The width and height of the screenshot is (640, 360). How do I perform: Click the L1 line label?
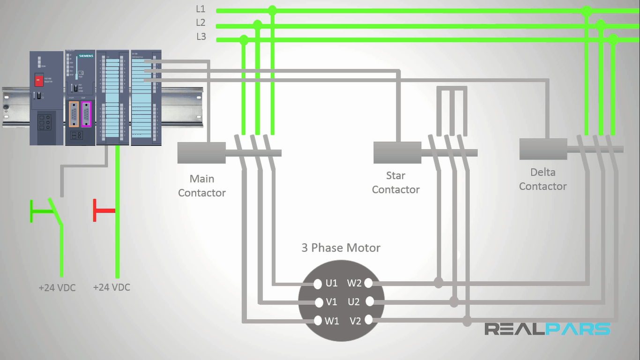coord(201,9)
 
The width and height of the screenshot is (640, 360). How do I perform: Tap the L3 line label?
coord(201,37)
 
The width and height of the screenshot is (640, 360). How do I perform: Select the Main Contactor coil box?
coord(201,153)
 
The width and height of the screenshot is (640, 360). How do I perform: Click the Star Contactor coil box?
coord(397,152)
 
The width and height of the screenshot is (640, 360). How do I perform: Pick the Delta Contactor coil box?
coord(543,149)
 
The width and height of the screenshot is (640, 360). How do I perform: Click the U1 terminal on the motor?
coord(318,283)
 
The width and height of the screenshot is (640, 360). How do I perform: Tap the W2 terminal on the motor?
coord(368,283)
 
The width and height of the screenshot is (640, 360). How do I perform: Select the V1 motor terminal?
coord(318,302)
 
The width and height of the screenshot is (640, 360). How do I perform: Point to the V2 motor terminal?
coord(368,320)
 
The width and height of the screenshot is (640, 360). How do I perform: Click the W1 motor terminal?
coord(318,321)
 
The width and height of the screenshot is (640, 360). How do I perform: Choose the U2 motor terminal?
coord(368,301)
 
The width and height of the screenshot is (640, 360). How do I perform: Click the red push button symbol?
coord(104,210)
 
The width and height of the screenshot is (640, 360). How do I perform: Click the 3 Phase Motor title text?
coord(341,247)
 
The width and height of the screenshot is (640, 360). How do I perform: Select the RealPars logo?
coord(547,329)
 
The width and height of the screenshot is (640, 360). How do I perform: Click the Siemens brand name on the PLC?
coord(86,56)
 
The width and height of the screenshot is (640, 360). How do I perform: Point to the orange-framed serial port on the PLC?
coord(73,114)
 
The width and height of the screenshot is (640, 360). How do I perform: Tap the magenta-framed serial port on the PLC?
coord(86,114)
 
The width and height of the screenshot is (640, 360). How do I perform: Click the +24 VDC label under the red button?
coord(112,287)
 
